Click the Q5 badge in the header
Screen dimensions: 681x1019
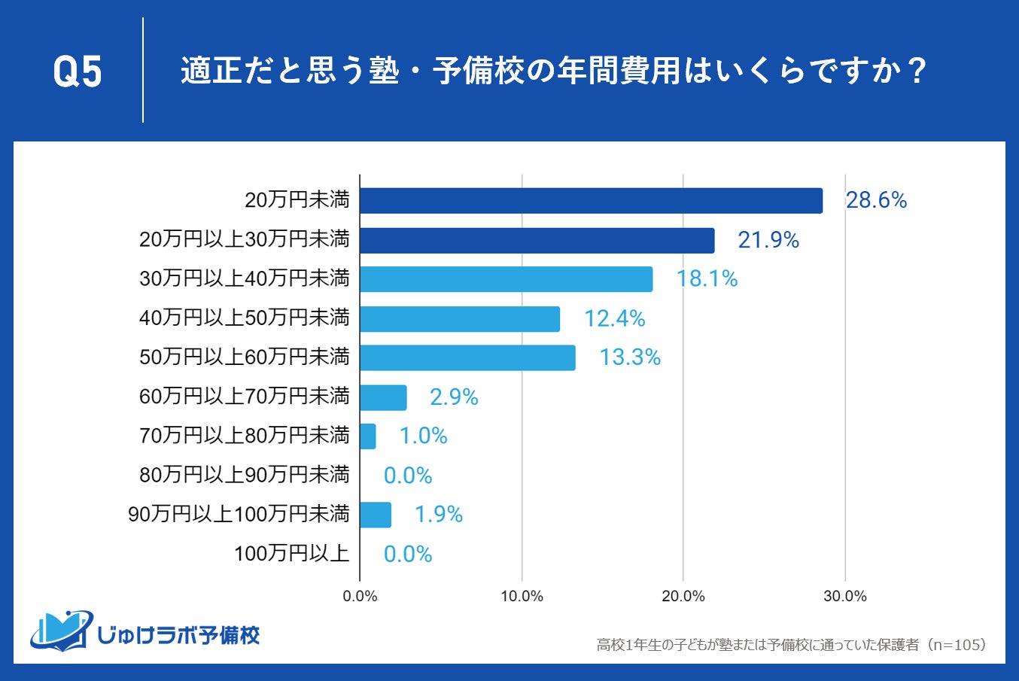click(x=78, y=72)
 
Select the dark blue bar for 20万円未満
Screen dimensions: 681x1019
click(x=591, y=201)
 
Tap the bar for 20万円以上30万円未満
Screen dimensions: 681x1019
click(x=537, y=241)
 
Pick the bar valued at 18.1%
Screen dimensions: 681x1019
click(x=506, y=279)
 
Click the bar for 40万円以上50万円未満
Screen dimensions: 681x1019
click(x=459, y=319)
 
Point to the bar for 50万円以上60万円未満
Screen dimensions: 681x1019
click(x=467, y=358)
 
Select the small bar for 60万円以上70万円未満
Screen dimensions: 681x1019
click(x=383, y=397)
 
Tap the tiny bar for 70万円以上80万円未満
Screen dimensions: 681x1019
click(x=367, y=436)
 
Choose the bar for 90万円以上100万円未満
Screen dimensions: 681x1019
click(x=375, y=515)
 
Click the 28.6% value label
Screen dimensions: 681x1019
click(x=876, y=200)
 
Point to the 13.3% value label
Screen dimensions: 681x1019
click(x=629, y=357)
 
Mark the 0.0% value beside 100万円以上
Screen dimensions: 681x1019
click(x=407, y=555)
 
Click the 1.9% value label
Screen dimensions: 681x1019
click(x=438, y=515)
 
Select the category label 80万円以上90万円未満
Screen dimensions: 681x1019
click(x=245, y=475)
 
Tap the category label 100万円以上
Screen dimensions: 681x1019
click(x=291, y=554)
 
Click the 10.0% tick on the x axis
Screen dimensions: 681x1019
click(x=522, y=597)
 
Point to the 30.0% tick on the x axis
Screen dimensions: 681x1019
click(x=844, y=597)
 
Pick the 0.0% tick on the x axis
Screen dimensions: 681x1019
click(x=360, y=597)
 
